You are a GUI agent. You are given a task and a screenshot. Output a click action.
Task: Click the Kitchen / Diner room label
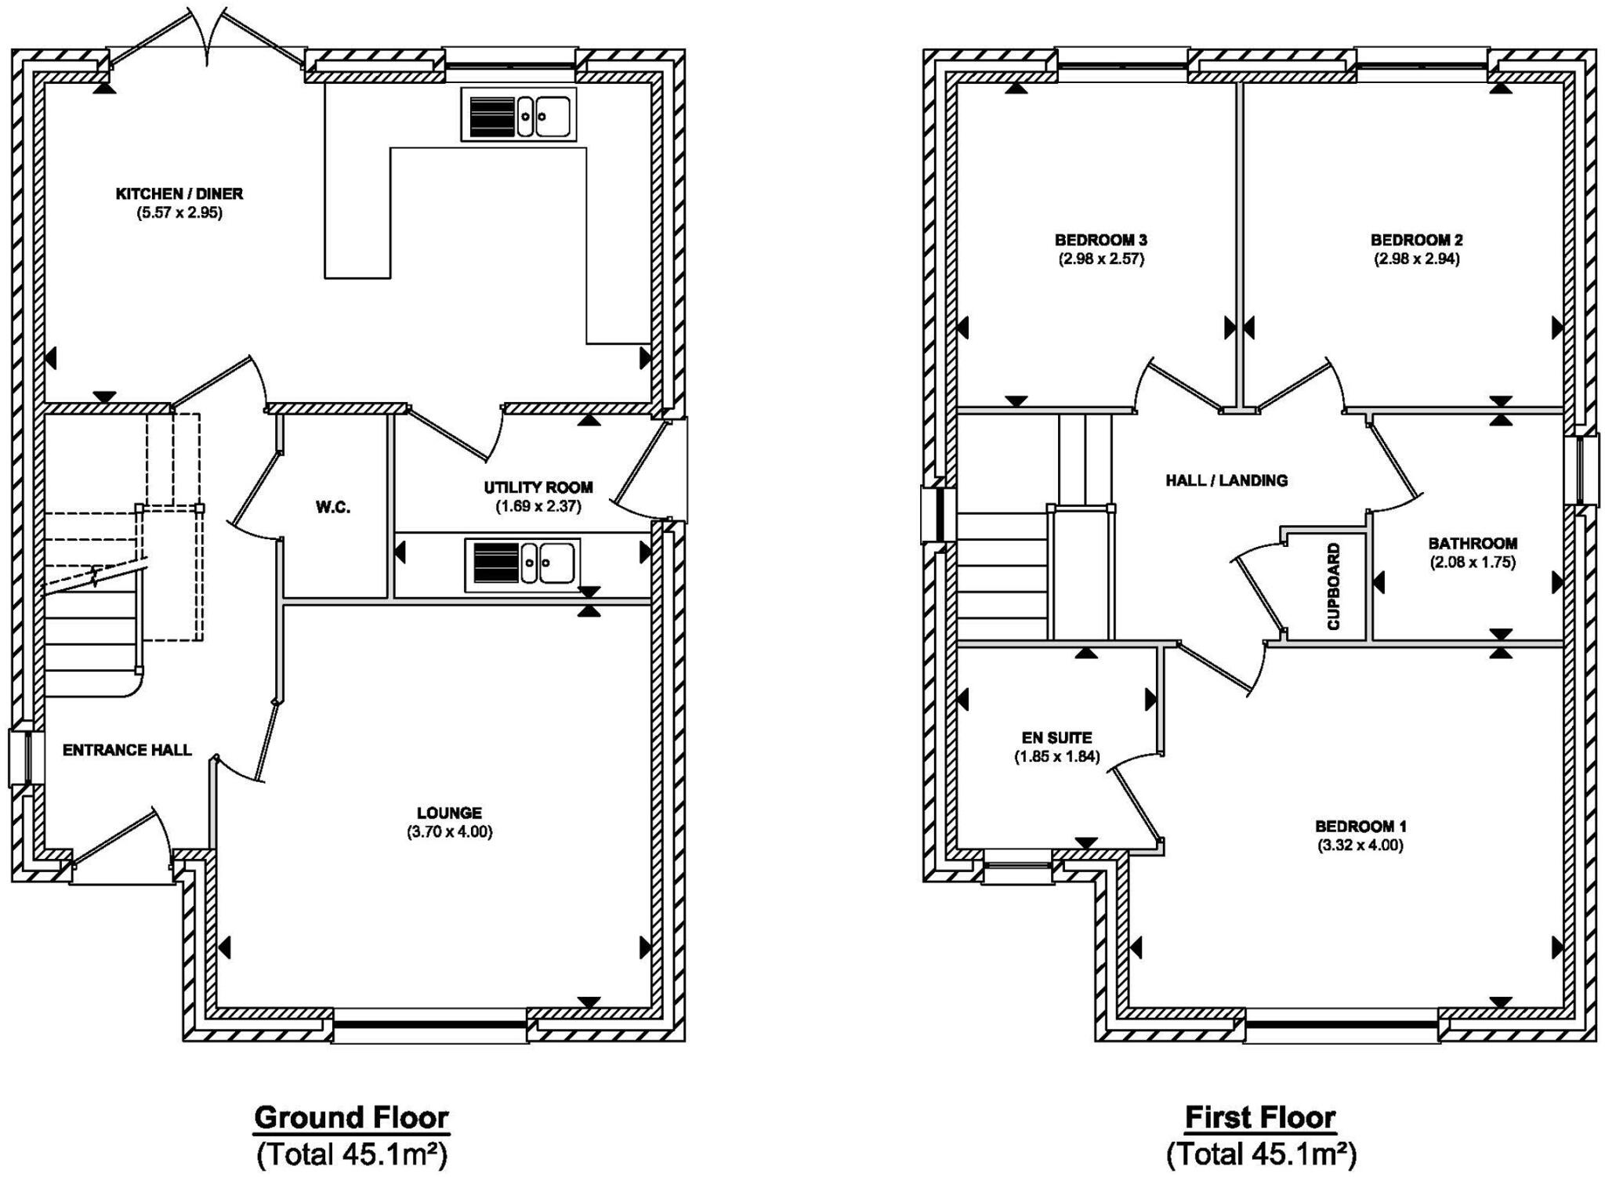click(179, 194)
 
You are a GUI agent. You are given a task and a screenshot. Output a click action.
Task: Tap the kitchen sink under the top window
click(519, 114)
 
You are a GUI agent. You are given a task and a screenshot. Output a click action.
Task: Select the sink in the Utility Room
click(522, 563)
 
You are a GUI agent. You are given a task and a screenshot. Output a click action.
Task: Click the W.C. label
click(333, 508)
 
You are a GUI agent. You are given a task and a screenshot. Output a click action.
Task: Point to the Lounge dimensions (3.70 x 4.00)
click(450, 832)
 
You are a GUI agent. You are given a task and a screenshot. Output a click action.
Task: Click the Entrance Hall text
click(127, 750)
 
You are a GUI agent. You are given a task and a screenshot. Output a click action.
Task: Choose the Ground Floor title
click(351, 1117)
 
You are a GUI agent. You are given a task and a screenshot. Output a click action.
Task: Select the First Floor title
click(1260, 1117)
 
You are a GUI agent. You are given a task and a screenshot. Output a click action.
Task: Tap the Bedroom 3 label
click(1101, 240)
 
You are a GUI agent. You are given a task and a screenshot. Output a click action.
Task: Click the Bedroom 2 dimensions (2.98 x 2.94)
click(1417, 259)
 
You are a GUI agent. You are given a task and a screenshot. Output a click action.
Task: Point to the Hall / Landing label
click(1226, 480)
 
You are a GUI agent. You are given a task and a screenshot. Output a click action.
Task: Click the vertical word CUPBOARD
click(1334, 586)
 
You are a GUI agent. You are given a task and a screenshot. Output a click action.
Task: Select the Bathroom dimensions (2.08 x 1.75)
click(1473, 562)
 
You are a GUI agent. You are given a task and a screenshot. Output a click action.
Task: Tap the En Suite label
click(1057, 737)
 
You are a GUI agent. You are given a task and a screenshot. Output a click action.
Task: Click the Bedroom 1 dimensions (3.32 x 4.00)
click(1360, 846)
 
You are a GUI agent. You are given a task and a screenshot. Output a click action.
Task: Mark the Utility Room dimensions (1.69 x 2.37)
click(538, 506)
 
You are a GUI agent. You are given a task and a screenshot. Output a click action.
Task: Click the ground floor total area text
click(351, 1153)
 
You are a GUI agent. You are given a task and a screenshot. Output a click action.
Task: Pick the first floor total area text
click(1261, 1153)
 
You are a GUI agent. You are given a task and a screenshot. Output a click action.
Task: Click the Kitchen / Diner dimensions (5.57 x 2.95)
click(179, 212)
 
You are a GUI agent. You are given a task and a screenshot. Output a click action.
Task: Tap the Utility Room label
click(538, 487)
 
